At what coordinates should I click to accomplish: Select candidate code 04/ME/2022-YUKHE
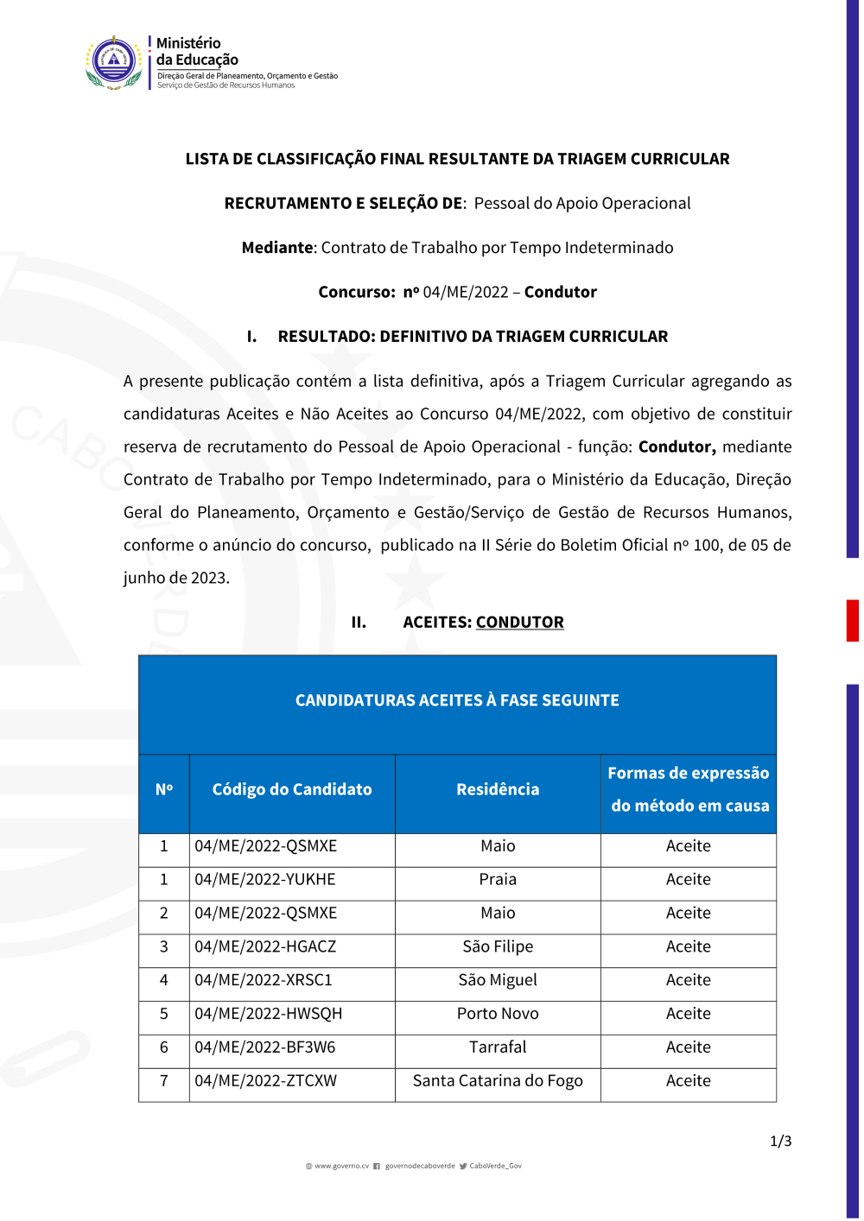click(265, 880)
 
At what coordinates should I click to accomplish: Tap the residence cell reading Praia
click(498, 880)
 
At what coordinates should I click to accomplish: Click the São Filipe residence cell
click(498, 947)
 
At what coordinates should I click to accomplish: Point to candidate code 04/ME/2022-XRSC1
click(264, 981)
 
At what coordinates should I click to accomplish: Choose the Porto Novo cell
click(498, 1015)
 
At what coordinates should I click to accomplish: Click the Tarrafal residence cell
click(498, 1048)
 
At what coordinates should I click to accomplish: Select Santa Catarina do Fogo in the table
click(498, 1082)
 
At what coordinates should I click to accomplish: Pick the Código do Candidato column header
click(292, 790)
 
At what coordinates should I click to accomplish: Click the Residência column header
click(498, 790)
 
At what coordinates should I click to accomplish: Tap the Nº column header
click(164, 790)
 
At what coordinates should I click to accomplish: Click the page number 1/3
click(780, 1142)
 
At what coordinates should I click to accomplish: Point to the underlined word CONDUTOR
click(519, 623)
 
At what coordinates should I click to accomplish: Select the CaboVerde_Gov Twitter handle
click(495, 1167)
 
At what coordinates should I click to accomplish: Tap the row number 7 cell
click(164, 1082)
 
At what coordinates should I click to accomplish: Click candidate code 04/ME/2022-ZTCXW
click(266, 1082)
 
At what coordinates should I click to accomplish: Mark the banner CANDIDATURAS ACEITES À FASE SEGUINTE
click(457, 701)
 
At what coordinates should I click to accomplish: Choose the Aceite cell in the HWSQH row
click(688, 1015)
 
